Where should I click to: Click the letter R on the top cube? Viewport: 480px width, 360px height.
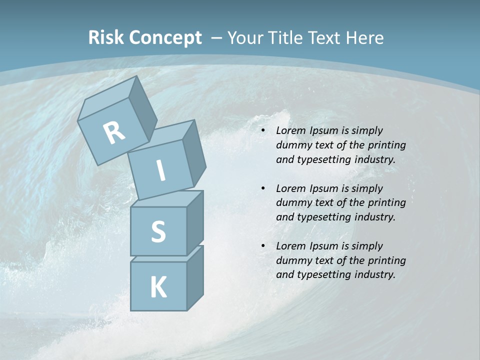(x=114, y=133)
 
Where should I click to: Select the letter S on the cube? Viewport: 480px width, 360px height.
(x=158, y=231)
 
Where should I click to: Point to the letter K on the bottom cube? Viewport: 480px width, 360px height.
(x=158, y=287)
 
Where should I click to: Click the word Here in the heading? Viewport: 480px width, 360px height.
(x=365, y=37)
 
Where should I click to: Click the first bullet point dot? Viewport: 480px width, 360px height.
(x=263, y=131)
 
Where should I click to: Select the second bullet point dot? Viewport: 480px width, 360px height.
(x=263, y=189)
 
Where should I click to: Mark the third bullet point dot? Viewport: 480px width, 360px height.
(x=263, y=246)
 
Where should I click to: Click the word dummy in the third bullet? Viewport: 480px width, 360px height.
(x=293, y=260)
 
